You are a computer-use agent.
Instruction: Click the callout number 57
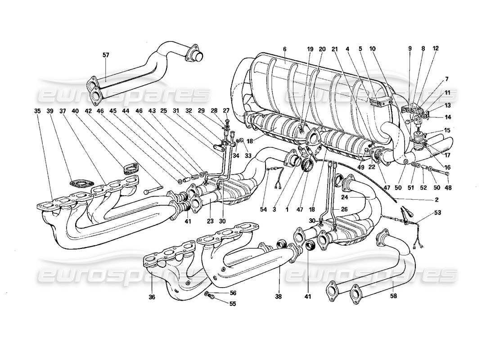106,55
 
